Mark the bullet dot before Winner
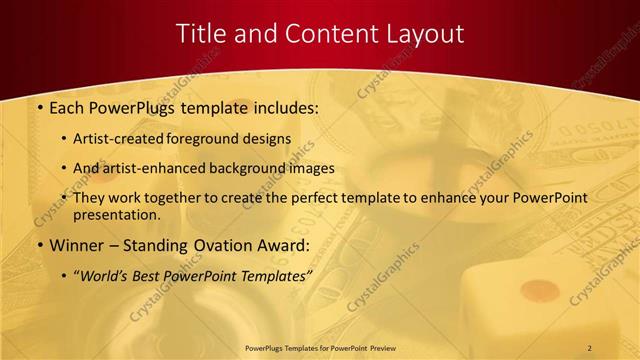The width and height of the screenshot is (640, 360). pyautogui.click(x=39, y=244)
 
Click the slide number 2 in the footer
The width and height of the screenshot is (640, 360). pyautogui.click(x=589, y=347)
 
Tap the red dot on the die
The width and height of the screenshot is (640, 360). pyautogui.click(x=541, y=290)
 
